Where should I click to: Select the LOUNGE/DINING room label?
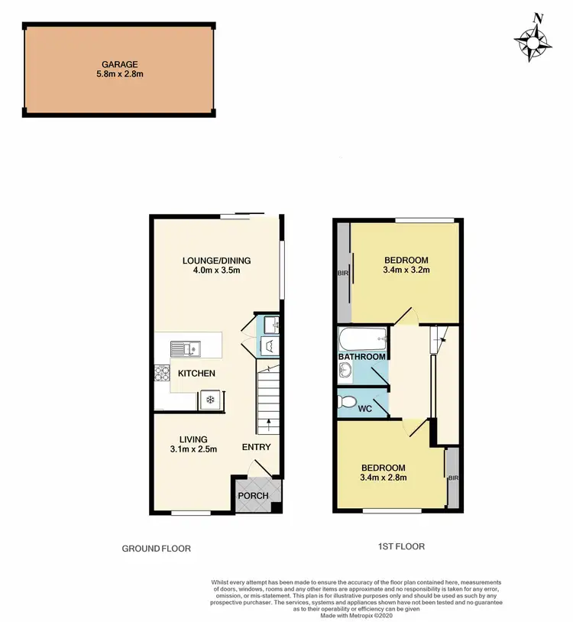(216, 261)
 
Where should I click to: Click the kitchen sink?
(184, 350)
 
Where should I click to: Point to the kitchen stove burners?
(162, 374)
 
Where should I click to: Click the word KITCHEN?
(196, 374)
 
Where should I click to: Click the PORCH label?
(254, 495)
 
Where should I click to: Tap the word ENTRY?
(255, 447)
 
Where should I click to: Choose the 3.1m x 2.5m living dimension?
(193, 449)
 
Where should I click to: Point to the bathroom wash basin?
(345, 371)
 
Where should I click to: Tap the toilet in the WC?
(348, 401)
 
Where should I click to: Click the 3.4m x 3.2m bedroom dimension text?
(405, 270)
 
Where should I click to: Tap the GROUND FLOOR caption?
(157, 549)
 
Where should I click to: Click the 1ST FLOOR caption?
(400, 546)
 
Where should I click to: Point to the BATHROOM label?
(362, 357)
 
